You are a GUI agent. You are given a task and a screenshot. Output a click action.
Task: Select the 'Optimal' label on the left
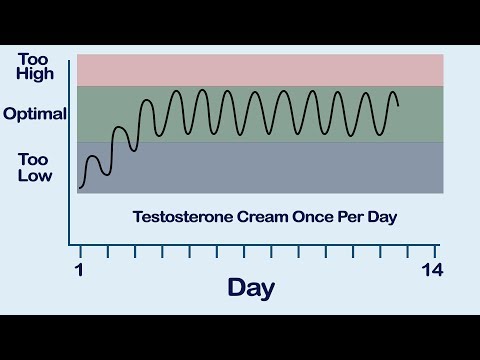pos(35,114)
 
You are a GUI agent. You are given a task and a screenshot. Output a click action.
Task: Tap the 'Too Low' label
pos(33,166)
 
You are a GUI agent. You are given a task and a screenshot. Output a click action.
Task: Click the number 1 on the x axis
pos(79,270)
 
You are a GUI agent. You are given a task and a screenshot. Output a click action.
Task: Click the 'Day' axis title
pos(251,287)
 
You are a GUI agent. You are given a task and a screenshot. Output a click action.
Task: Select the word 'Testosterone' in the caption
pos(180,216)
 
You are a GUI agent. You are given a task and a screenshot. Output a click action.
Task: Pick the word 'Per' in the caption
pos(350,216)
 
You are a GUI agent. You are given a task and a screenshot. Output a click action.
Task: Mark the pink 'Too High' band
pos(260,70)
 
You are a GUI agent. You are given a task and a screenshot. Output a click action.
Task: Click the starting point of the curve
pos(80,187)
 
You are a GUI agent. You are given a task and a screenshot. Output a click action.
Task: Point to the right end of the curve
pos(398,104)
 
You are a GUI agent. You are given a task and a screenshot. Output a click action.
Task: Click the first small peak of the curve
pos(93,157)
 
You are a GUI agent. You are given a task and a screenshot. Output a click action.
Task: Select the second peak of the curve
pos(120,128)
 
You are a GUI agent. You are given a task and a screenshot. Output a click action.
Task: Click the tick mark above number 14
pos(435,250)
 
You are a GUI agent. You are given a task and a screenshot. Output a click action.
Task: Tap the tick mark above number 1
pos(80,250)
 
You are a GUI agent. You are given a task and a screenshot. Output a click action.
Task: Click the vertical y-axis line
pos(69,150)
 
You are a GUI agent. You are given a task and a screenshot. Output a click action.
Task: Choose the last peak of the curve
pos(391,93)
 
